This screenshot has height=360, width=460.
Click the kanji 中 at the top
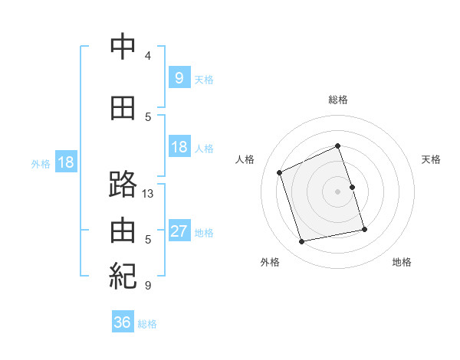[123, 46]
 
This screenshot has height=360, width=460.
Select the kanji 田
[123, 108]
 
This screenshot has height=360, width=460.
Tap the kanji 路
[123, 184]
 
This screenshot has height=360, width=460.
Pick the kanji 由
[123, 230]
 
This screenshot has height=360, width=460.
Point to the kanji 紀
[123, 276]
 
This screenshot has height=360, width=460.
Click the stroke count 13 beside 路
[147, 194]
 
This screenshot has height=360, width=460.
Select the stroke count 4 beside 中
[148, 55]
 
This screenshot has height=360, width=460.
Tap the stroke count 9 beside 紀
[148, 285]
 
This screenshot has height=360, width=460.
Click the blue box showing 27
[179, 230]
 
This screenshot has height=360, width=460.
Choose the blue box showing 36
[123, 321]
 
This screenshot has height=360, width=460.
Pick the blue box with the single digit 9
[179, 77]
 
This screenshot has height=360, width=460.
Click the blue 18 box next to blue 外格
[66, 162]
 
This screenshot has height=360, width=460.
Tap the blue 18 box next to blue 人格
[179, 146]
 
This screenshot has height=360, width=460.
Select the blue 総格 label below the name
[147, 324]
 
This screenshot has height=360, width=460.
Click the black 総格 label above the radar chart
[338, 100]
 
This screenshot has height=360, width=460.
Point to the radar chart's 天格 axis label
[431, 159]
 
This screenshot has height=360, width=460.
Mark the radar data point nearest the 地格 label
[364, 229]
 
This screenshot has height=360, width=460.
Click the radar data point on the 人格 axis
[279, 172]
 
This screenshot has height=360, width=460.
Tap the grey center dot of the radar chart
[337, 191]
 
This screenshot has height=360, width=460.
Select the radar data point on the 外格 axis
[301, 241]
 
